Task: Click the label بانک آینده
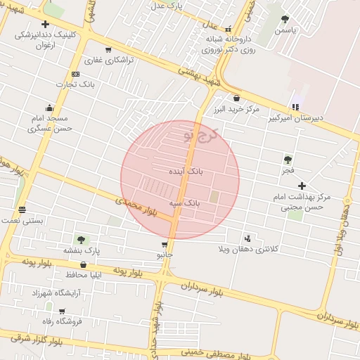(186, 171)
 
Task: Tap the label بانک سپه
(185, 202)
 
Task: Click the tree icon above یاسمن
(285, 20)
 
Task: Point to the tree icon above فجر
(288, 160)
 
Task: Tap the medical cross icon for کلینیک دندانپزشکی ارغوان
(45, 24)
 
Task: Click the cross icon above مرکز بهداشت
(302, 186)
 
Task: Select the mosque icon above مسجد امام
(49, 108)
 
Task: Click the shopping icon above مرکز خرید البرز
(236, 98)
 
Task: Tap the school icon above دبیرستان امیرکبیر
(295, 107)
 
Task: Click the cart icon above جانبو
(165, 245)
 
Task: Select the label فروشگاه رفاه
(62, 321)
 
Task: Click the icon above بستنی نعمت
(22, 210)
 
